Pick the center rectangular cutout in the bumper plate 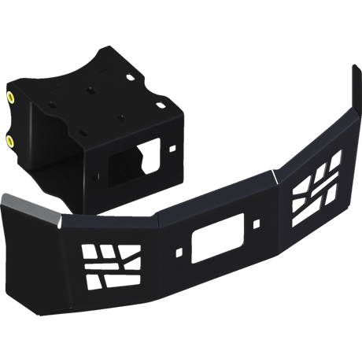213,237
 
